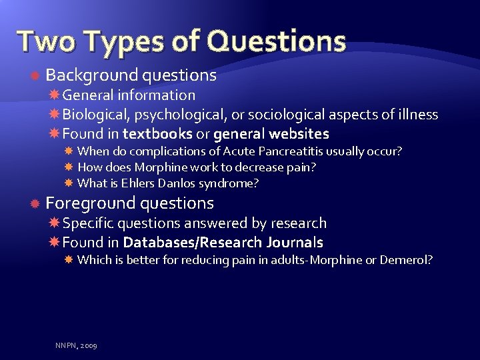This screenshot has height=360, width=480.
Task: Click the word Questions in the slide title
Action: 276,41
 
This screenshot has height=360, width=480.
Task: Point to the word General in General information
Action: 89,95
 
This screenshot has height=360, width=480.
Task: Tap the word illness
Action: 417,115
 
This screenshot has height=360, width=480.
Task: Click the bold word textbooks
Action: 156,134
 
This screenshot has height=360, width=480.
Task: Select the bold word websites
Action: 299,134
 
